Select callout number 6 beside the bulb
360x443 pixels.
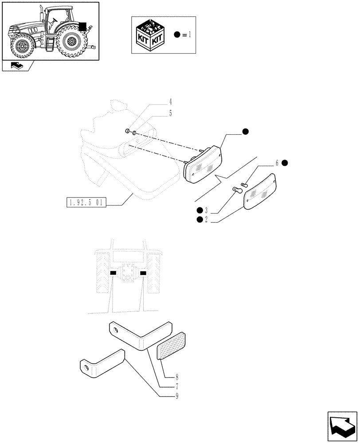(x=277, y=163)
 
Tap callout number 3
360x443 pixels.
(x=206, y=210)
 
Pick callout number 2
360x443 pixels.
(x=206, y=220)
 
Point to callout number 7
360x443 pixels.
(x=176, y=386)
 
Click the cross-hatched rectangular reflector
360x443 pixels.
(x=172, y=346)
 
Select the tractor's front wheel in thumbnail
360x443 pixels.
(x=21, y=46)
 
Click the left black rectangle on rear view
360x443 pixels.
(x=113, y=273)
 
